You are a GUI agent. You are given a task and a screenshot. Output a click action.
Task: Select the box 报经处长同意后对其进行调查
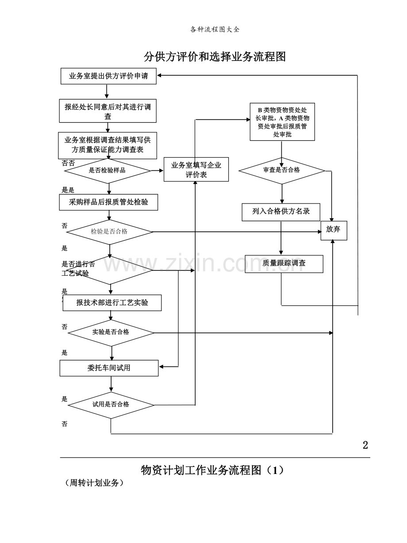[108, 111]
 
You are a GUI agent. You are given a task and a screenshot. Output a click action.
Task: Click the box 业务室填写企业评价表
[196, 169]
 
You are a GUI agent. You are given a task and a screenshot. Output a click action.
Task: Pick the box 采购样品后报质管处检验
[108, 202]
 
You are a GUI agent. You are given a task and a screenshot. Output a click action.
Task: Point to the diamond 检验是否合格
[109, 231]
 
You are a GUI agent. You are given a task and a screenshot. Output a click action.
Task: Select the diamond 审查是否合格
[282, 170]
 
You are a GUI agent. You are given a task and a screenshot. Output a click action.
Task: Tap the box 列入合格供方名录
[281, 212]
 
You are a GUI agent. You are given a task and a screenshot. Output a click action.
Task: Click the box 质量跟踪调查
[284, 263]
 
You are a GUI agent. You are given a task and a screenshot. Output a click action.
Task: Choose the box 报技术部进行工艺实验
[112, 303]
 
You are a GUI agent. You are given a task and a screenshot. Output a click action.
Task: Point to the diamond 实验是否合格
[111, 332]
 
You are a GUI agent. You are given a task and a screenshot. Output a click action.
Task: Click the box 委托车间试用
[109, 368]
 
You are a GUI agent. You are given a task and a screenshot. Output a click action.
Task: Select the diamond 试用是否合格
[111, 404]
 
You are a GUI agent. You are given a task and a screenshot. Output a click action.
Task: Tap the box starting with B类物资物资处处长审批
[282, 122]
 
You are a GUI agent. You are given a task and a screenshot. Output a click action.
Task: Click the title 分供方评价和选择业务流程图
[215, 57]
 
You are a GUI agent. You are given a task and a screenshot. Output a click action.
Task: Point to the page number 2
[365, 445]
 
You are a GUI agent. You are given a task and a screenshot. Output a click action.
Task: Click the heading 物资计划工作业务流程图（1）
[212, 470]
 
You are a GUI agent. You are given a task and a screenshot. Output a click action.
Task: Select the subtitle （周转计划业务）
[94, 483]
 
